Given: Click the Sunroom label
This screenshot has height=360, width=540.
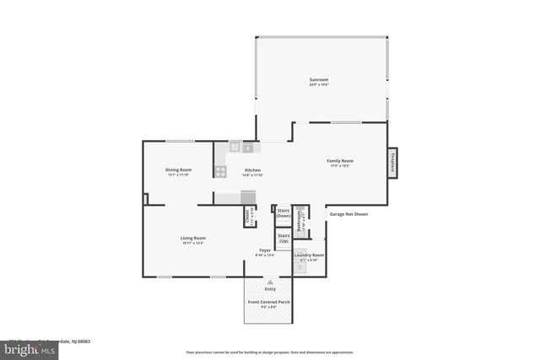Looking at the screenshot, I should (318, 82).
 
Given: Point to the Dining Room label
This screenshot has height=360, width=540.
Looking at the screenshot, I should (178, 172).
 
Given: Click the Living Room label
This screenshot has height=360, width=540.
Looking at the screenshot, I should (192, 239).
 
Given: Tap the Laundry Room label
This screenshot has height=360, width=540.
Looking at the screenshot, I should (309, 255).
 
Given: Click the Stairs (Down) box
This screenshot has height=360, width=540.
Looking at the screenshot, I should (283, 213).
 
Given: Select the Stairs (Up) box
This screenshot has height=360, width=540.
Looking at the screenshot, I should (283, 239).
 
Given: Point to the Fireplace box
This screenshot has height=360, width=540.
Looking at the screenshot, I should (392, 163).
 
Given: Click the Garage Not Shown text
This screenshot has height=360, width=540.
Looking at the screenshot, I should (348, 214).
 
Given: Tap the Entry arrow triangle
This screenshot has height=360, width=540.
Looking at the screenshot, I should (270, 280).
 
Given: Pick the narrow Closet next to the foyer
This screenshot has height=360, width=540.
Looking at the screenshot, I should (248, 217).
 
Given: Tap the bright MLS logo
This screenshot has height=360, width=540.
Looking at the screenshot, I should (25, 346).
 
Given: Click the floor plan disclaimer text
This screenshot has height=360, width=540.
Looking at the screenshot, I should (269, 352).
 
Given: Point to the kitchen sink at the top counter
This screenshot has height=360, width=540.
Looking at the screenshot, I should (234, 148).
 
